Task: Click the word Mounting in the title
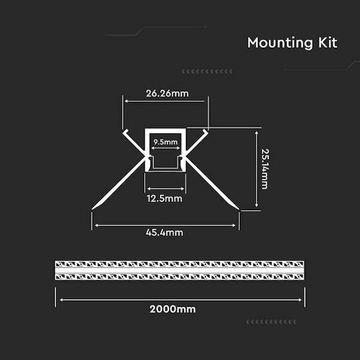point(280,43)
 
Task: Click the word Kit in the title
point(327,43)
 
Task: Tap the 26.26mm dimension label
point(167,93)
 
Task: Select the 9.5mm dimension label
point(165,142)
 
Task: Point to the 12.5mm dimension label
point(165,199)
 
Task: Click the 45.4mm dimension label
point(165,233)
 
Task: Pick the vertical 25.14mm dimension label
point(265,169)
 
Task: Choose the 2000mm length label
point(173,309)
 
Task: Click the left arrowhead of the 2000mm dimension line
point(61,299)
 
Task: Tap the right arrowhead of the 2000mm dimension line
point(300,299)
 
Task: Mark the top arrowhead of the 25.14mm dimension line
point(257,133)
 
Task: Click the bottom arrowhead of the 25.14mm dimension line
point(257,205)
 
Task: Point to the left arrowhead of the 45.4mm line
point(97,225)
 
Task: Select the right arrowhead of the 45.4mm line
point(234,225)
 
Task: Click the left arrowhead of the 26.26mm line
point(127,101)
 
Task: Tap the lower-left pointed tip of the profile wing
point(92,209)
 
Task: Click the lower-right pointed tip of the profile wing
point(239,209)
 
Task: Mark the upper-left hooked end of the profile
point(125,132)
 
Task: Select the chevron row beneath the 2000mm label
point(271,322)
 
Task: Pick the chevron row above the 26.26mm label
point(207,71)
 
